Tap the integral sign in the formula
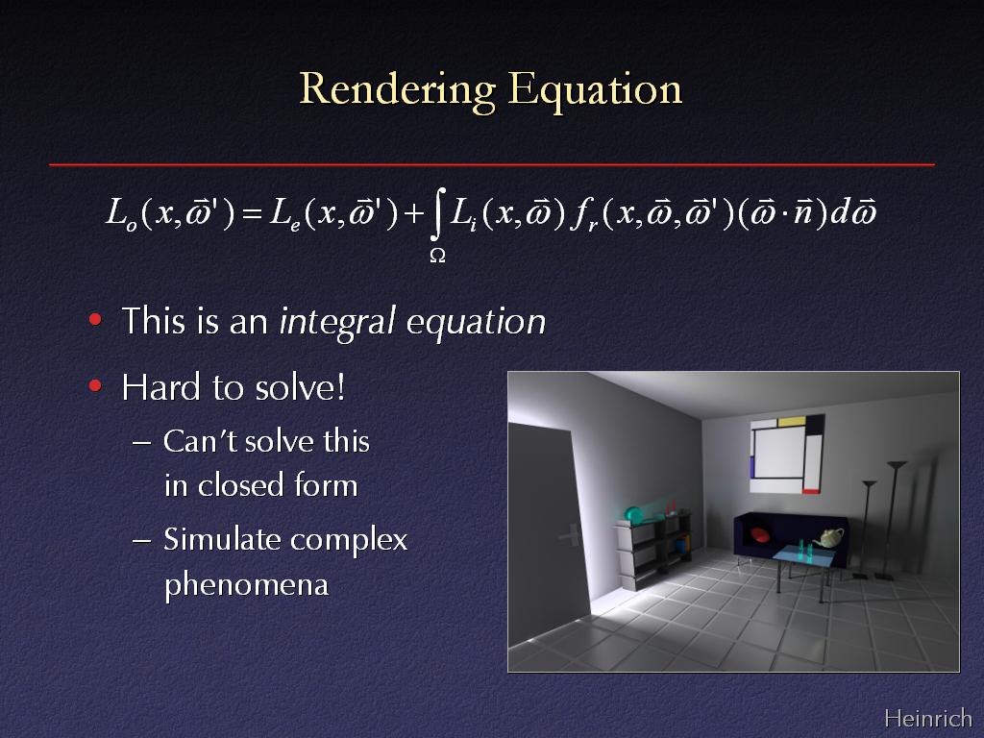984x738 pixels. point(438,214)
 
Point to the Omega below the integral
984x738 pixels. point(437,256)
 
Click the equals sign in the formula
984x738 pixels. point(252,214)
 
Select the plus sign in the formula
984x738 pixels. point(414,214)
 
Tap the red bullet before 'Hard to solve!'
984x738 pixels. point(95,385)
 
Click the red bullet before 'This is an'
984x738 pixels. point(95,319)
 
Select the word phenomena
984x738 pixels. point(247,585)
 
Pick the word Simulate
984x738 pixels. point(222,539)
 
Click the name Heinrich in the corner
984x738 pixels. point(928,717)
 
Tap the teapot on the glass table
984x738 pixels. point(828,538)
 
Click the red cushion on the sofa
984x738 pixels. point(759,534)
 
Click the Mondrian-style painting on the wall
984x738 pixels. point(787,454)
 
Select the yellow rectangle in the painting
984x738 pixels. point(792,421)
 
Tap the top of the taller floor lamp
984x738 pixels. point(897,464)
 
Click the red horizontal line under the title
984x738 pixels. point(492,164)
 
